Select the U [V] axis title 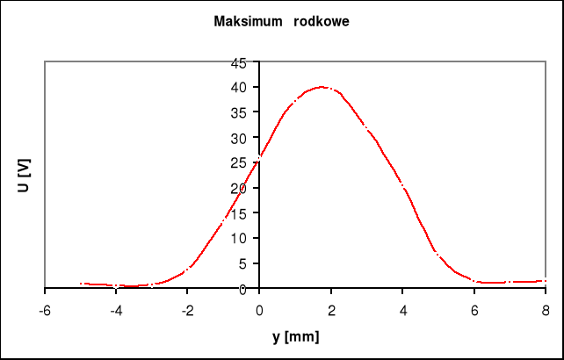tap(25, 176)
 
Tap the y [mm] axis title tap(295, 335)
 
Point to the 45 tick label tap(239, 62)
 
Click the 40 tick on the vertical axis tap(239, 88)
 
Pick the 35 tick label tap(239, 112)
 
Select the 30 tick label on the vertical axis tap(239, 138)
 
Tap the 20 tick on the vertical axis tap(239, 188)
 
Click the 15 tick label tap(239, 213)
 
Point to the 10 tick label tap(239, 238)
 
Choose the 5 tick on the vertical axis tap(242, 263)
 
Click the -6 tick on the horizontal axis tap(45, 310)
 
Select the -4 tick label tap(116, 310)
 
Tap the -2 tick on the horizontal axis tap(188, 310)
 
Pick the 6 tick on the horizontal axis tap(474, 310)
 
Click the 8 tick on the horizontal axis tap(546, 310)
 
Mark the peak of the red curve tap(322, 87)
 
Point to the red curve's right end tap(546, 281)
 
